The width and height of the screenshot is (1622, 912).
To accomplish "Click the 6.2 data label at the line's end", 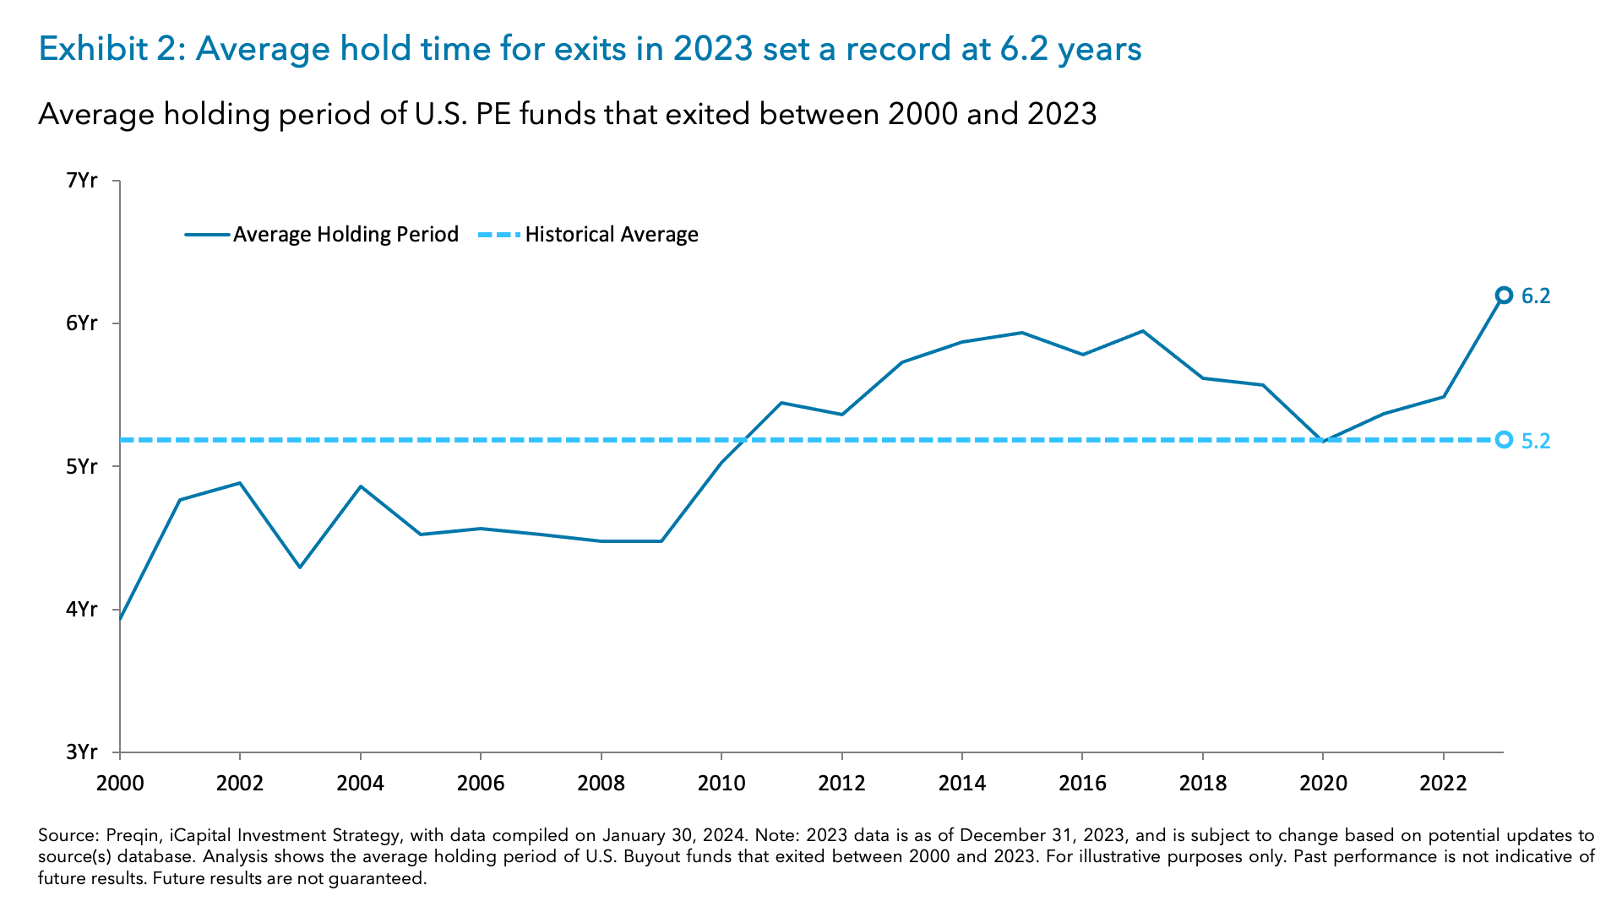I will click(x=1535, y=296).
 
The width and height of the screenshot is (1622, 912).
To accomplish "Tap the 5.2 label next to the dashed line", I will click(x=1535, y=442).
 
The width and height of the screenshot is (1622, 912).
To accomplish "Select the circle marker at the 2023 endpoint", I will click(x=1504, y=296).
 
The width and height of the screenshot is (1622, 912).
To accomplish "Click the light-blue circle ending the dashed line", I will click(x=1504, y=440).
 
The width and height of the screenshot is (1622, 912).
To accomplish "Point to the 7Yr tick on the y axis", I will click(x=82, y=181).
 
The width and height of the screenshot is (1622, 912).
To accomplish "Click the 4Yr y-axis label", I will click(x=82, y=610).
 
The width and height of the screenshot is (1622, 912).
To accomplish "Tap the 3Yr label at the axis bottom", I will click(x=82, y=752).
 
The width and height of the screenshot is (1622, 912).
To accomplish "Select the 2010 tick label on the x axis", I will click(x=721, y=784).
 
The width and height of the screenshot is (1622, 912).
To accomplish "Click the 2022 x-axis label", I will click(x=1443, y=784).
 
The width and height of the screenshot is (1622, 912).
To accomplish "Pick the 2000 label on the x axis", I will click(x=120, y=784).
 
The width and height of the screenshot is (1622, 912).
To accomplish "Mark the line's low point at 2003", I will click(x=300, y=567).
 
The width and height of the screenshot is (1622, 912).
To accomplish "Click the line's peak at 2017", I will click(x=1142, y=331).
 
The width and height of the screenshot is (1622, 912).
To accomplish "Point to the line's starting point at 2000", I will click(x=121, y=618).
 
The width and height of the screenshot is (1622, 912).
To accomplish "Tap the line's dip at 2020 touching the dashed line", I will click(x=1323, y=441).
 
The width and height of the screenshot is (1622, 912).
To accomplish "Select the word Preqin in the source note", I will click(x=132, y=836).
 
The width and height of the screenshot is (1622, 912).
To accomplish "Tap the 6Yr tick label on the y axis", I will click(x=82, y=323).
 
